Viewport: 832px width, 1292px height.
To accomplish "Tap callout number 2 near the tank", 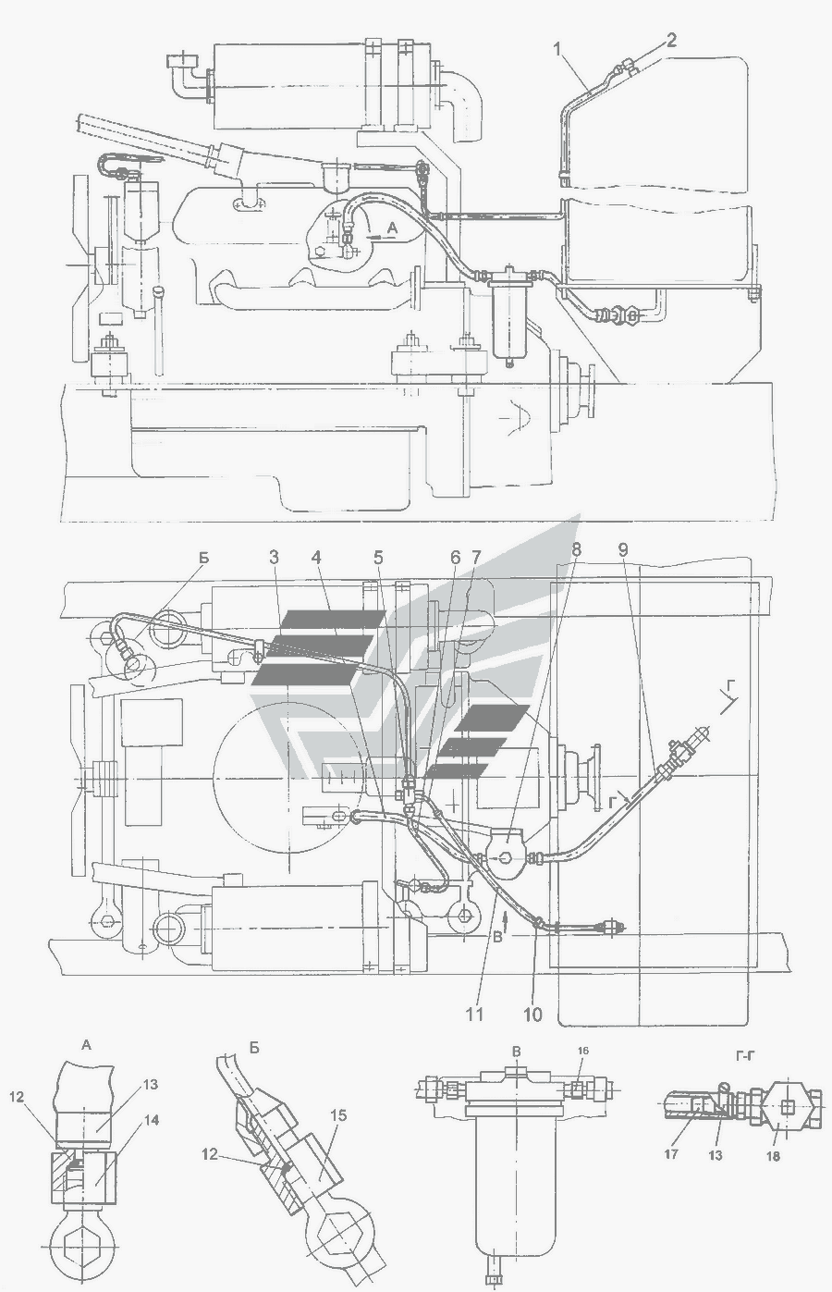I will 671,40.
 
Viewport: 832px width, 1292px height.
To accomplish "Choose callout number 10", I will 532,1015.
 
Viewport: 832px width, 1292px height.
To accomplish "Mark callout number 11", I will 474,1015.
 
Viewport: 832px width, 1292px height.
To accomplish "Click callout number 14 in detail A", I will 152,1120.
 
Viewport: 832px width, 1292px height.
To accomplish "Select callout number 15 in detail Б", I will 338,1115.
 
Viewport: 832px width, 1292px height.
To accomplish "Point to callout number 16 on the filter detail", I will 583,1052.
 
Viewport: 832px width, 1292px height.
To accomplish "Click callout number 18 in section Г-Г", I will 773,1155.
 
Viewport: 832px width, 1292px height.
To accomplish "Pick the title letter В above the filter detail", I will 517,1051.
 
